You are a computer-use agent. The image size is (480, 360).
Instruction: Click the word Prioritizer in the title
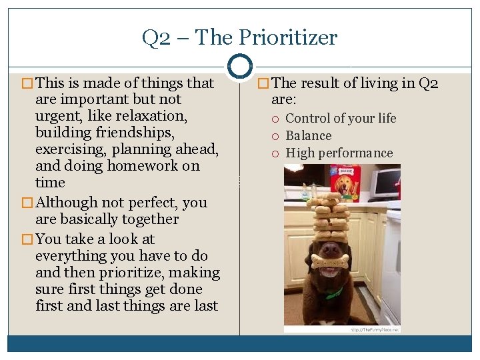(293, 38)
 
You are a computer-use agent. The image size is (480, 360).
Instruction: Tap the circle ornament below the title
(239, 66)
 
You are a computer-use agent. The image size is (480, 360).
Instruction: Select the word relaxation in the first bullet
(155, 116)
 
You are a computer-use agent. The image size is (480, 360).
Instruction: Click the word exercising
(71, 149)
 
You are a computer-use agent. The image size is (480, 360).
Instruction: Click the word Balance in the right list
(309, 136)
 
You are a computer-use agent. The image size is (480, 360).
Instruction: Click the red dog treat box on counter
(345, 183)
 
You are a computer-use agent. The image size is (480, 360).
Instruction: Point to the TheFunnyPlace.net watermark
(375, 329)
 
